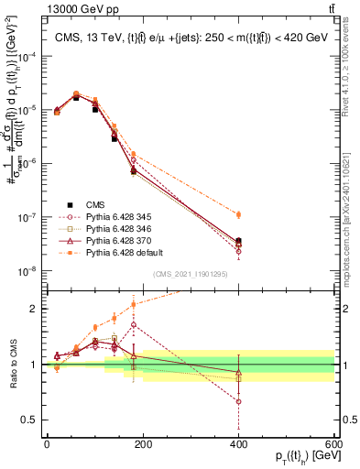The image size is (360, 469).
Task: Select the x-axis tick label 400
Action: click(238, 443)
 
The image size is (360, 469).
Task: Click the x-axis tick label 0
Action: click(46, 443)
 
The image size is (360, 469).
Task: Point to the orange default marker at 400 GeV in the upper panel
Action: click(238, 214)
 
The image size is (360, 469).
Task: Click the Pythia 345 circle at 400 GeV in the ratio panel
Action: click(238, 401)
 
